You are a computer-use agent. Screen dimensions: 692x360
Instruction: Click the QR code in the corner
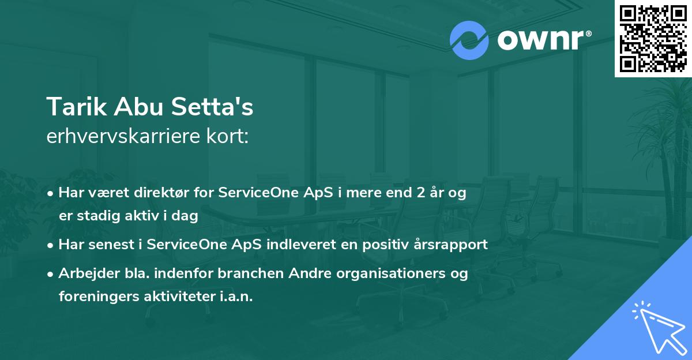pos(653,38)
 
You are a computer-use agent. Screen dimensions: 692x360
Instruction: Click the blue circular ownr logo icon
pos(469,40)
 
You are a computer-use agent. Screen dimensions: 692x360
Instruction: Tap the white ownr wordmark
pos(544,40)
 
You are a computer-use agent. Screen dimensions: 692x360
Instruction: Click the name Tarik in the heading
pos(77,107)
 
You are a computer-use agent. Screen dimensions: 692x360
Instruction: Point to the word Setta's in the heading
pos(212,107)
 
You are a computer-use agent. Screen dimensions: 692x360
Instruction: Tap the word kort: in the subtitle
pos(227,136)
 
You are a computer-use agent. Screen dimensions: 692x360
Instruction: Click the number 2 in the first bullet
pos(421,193)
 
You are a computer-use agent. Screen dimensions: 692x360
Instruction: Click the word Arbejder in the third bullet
pos(89,273)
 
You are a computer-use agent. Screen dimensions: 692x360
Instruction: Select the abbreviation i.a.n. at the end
pos(236,297)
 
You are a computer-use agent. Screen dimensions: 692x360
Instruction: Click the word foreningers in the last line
pos(99,297)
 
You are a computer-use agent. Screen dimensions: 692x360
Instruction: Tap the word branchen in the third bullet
pos(250,273)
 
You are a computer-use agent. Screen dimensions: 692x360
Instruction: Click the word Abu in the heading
pos(139,107)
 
